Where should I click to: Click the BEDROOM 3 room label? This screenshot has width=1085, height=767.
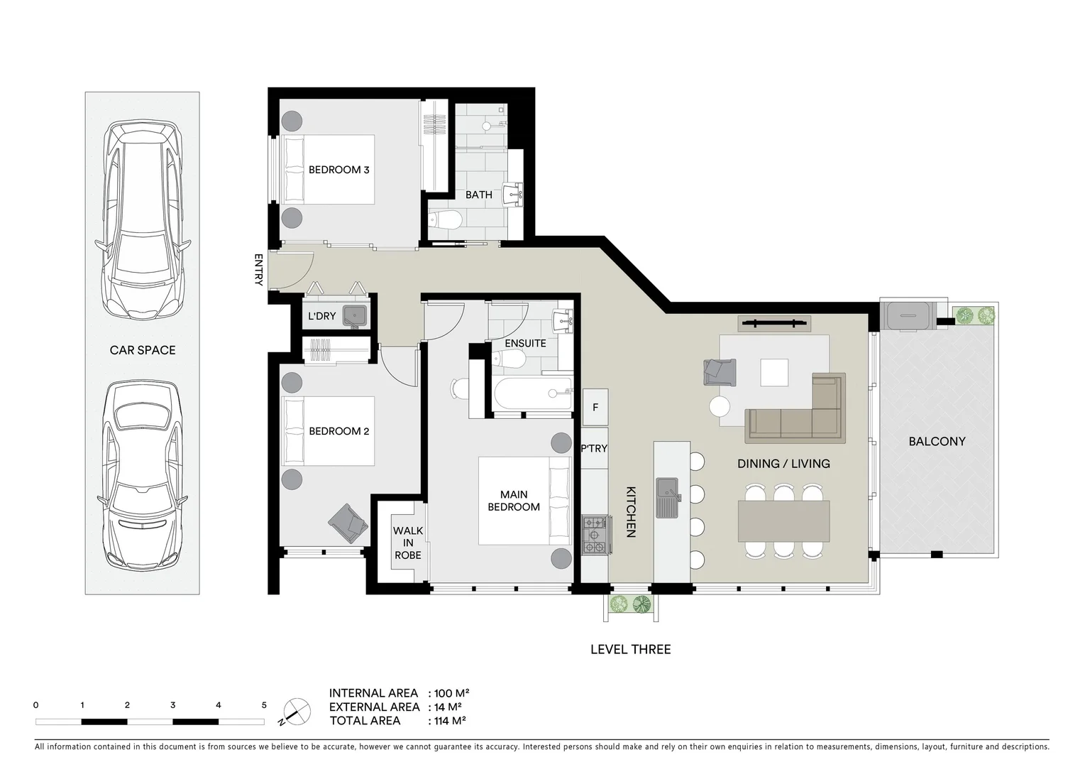pyautogui.click(x=338, y=170)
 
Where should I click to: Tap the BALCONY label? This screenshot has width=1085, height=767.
pyautogui.click(x=937, y=442)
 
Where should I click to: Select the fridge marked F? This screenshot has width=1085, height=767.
pyautogui.click(x=595, y=408)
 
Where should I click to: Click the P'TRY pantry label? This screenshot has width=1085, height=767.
pyautogui.click(x=594, y=449)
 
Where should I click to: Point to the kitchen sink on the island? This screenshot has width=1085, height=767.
pyautogui.click(x=668, y=497)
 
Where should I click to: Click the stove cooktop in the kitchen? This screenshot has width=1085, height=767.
pyautogui.click(x=595, y=535)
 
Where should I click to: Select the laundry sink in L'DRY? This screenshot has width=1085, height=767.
pyautogui.click(x=354, y=315)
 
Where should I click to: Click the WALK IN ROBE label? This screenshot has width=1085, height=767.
pyautogui.click(x=408, y=543)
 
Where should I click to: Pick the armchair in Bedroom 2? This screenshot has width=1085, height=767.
pyautogui.click(x=348, y=523)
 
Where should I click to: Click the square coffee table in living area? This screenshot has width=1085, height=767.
pyautogui.click(x=773, y=372)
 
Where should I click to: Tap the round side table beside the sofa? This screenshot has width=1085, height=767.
pyautogui.click(x=720, y=407)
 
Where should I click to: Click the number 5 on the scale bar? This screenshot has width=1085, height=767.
pyautogui.click(x=264, y=705)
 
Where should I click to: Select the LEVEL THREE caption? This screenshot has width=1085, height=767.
pyautogui.click(x=630, y=649)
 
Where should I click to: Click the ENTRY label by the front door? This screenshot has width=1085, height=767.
pyautogui.click(x=258, y=270)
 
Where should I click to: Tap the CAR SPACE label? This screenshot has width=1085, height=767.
pyautogui.click(x=142, y=350)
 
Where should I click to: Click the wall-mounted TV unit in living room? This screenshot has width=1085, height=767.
pyautogui.click(x=774, y=324)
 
